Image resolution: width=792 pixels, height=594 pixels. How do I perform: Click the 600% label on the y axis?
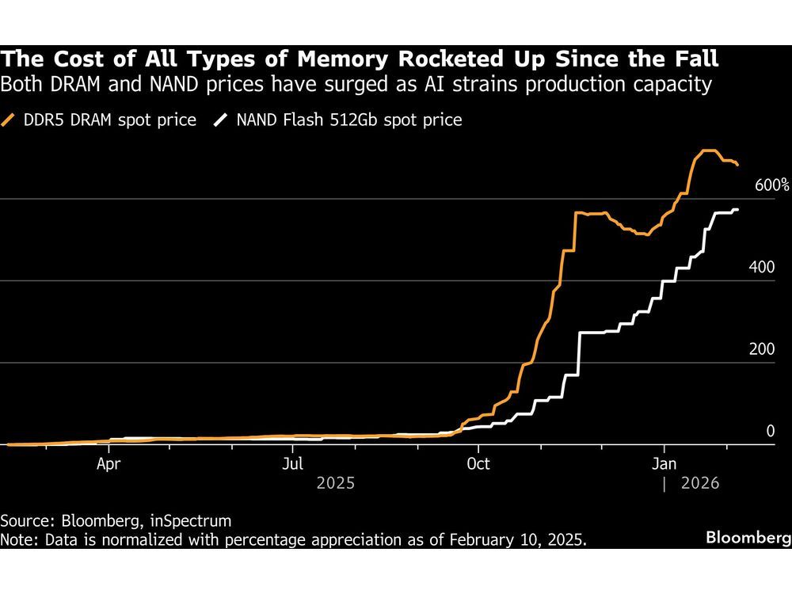pyautogui.click(x=772, y=186)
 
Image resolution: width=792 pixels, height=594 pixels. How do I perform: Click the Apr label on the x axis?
pyautogui.click(x=109, y=463)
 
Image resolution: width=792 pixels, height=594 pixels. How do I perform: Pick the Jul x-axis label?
pyautogui.click(x=294, y=463)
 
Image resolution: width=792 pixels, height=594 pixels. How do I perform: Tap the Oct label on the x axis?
pyautogui.click(x=478, y=463)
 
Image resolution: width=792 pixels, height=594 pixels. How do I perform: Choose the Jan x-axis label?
pyautogui.click(x=664, y=463)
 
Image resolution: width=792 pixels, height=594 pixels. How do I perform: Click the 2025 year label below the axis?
pyautogui.click(x=335, y=482)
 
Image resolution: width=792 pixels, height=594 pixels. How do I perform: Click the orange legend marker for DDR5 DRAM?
pyautogui.click(x=10, y=120)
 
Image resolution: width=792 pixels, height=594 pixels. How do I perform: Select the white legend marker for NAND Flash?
pyautogui.click(x=221, y=120)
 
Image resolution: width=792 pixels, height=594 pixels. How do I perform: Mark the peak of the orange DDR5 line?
pyautogui.click(x=707, y=150)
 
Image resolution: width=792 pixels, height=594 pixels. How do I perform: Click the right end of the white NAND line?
pyautogui.click(x=737, y=210)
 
